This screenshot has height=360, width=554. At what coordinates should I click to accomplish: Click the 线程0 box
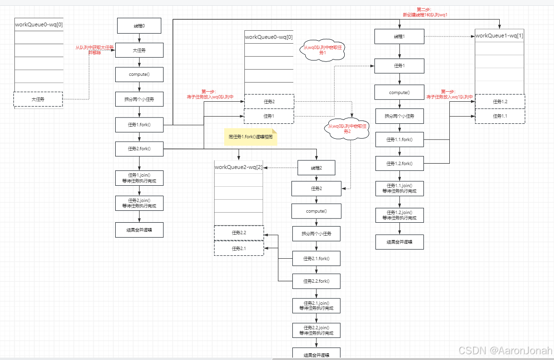pos(139,26)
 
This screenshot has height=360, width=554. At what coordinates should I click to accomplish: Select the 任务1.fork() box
pos(139,124)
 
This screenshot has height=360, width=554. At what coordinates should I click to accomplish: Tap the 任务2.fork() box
pos(139,149)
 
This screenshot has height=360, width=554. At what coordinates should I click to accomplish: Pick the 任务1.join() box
pos(139,179)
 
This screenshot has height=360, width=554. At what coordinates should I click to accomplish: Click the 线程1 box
pos(399,36)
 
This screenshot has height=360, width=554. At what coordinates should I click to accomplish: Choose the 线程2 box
pos(316,168)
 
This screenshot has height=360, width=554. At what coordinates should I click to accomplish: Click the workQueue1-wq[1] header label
pos(499,36)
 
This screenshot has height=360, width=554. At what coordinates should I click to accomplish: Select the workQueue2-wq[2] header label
pos(239,167)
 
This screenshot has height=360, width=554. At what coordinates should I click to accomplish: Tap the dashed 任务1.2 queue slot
pos(500,101)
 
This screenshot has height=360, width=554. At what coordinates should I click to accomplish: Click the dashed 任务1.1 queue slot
pos(500,116)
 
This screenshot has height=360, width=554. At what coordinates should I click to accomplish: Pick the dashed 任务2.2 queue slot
pos(239,233)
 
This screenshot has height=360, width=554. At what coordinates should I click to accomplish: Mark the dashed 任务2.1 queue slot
pos(239,248)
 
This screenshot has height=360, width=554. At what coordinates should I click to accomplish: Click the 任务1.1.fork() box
pos(399,140)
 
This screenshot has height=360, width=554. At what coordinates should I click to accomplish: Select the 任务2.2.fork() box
pos(316,281)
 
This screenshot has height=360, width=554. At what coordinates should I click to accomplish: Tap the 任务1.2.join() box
pos(399,215)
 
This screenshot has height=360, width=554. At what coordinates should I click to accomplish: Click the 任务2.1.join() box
pos(316,305)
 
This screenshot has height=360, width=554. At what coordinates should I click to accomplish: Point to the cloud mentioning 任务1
pos(322,50)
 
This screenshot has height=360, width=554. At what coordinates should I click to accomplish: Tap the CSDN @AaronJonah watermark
pos(505,351)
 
